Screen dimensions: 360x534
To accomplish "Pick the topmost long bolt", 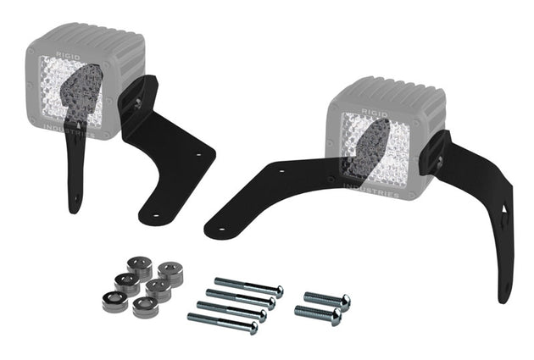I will [248, 287].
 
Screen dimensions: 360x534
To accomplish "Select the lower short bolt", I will [317, 316].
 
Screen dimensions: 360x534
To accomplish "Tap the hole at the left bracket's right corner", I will [200, 156].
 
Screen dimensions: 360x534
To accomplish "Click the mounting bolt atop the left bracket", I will [133, 99].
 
